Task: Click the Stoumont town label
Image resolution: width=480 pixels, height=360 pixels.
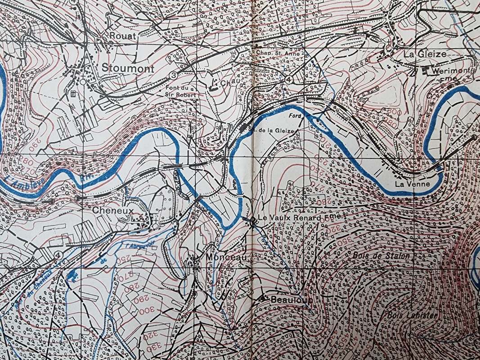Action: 128,69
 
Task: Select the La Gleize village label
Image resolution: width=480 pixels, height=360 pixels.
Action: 425,54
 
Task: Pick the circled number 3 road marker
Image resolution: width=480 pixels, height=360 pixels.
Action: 174,73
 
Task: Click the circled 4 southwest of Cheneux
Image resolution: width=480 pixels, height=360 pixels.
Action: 57,255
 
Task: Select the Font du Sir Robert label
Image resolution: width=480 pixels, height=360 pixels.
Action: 180,91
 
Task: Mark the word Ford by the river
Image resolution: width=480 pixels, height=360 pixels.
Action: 294,116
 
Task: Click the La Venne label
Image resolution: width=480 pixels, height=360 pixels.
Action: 412,184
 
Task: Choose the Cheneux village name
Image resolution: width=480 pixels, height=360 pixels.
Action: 107,210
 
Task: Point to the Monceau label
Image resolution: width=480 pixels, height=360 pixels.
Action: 226,257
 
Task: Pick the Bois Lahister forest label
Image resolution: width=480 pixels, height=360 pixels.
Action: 412,316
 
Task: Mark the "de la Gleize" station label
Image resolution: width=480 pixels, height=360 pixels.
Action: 274,131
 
